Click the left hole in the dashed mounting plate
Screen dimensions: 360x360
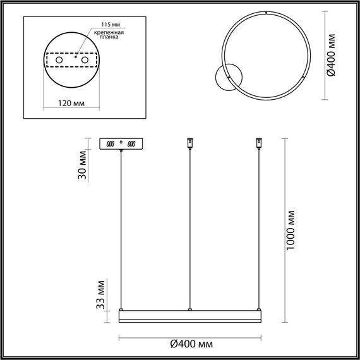click(x=60, y=59)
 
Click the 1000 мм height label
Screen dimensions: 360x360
click(x=290, y=229)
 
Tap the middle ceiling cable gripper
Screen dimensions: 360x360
click(x=189, y=143)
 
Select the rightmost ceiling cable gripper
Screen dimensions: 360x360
click(x=258, y=143)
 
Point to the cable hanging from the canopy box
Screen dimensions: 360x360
click(x=121, y=227)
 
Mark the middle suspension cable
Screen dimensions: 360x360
click(x=189, y=227)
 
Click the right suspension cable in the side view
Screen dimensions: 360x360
click(x=258, y=227)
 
